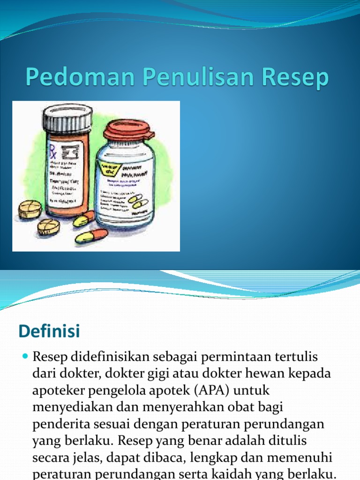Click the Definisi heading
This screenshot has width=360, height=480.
point(49,331)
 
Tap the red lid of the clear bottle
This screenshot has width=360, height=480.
point(128,131)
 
